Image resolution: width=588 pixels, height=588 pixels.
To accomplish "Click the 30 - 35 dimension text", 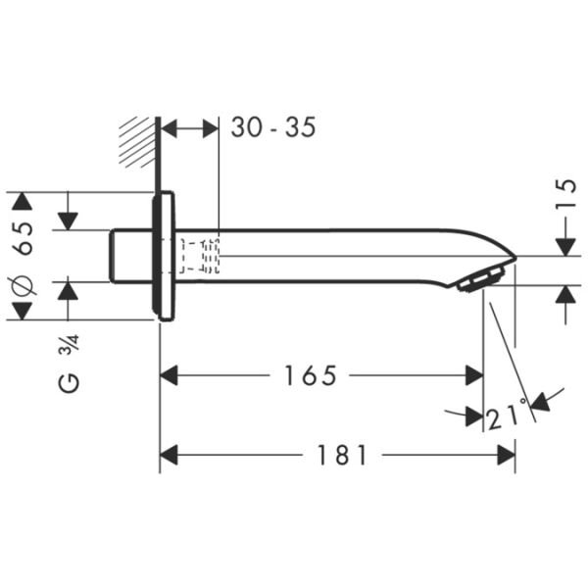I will pos(272,127).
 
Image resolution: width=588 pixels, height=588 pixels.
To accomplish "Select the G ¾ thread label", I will pos(69,364).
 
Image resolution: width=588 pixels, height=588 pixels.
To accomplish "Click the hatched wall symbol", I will pos(137,143).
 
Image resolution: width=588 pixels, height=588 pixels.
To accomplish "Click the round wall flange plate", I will pos(164,256).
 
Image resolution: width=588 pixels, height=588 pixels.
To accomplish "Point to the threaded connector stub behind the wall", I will pos(130,256).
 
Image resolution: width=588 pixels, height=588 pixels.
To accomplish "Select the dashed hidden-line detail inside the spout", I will pos(200,255).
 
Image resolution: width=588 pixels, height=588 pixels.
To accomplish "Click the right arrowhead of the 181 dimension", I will pos(506,455).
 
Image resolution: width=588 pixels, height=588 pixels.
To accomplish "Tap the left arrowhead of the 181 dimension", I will pos(170,455).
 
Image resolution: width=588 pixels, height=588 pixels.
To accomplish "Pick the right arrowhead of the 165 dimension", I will pos(474,375).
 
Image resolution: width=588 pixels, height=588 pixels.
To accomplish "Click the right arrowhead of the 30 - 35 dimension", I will pos(209,128).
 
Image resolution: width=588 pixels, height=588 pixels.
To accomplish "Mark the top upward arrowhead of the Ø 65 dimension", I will pos(23,201).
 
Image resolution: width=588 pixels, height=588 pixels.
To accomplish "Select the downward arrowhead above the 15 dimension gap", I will pos(565,247).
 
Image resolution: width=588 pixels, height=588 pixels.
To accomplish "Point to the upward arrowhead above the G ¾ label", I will pos(68,290).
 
